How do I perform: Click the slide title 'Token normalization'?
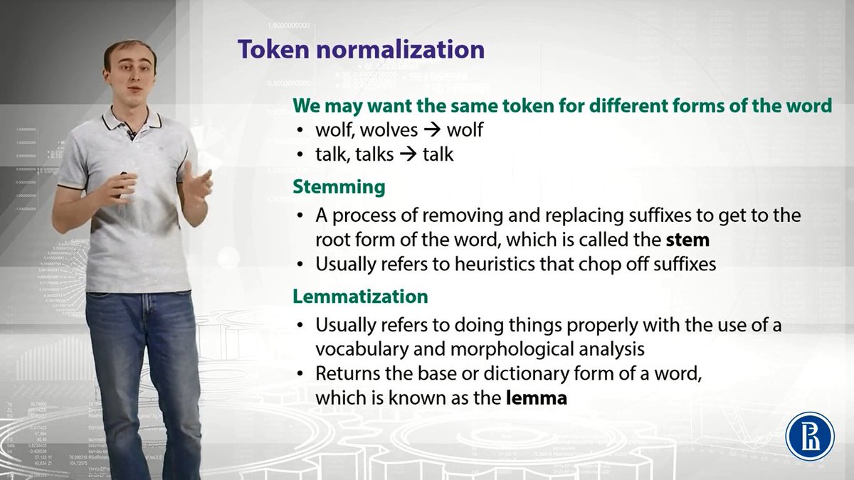tap(361, 50)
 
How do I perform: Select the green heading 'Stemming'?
tap(339, 187)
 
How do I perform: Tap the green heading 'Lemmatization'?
tap(360, 295)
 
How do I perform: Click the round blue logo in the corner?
tap(808, 434)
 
